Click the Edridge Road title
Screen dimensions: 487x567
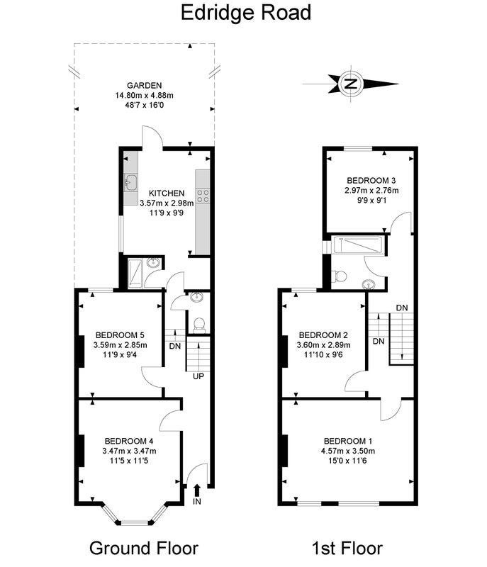(245, 13)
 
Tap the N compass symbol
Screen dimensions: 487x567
(350, 84)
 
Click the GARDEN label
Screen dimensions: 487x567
(144, 86)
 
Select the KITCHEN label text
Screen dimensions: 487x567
(167, 193)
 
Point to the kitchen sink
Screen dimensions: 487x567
(130, 182)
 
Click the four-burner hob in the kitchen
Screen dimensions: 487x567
(203, 196)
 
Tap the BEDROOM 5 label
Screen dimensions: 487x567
(120, 335)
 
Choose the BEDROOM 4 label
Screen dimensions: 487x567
(129, 441)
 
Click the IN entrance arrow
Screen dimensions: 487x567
(197, 490)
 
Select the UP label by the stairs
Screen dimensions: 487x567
(198, 376)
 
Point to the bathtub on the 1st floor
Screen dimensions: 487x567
(357, 245)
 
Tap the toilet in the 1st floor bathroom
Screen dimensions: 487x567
(340, 276)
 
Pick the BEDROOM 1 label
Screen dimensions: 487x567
(348, 441)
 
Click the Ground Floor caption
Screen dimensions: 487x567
(144, 548)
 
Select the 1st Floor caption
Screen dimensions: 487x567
(347, 548)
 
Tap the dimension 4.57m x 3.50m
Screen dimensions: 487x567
(348, 451)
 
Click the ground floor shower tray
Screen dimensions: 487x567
(136, 274)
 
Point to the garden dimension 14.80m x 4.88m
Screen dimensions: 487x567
(144, 96)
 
